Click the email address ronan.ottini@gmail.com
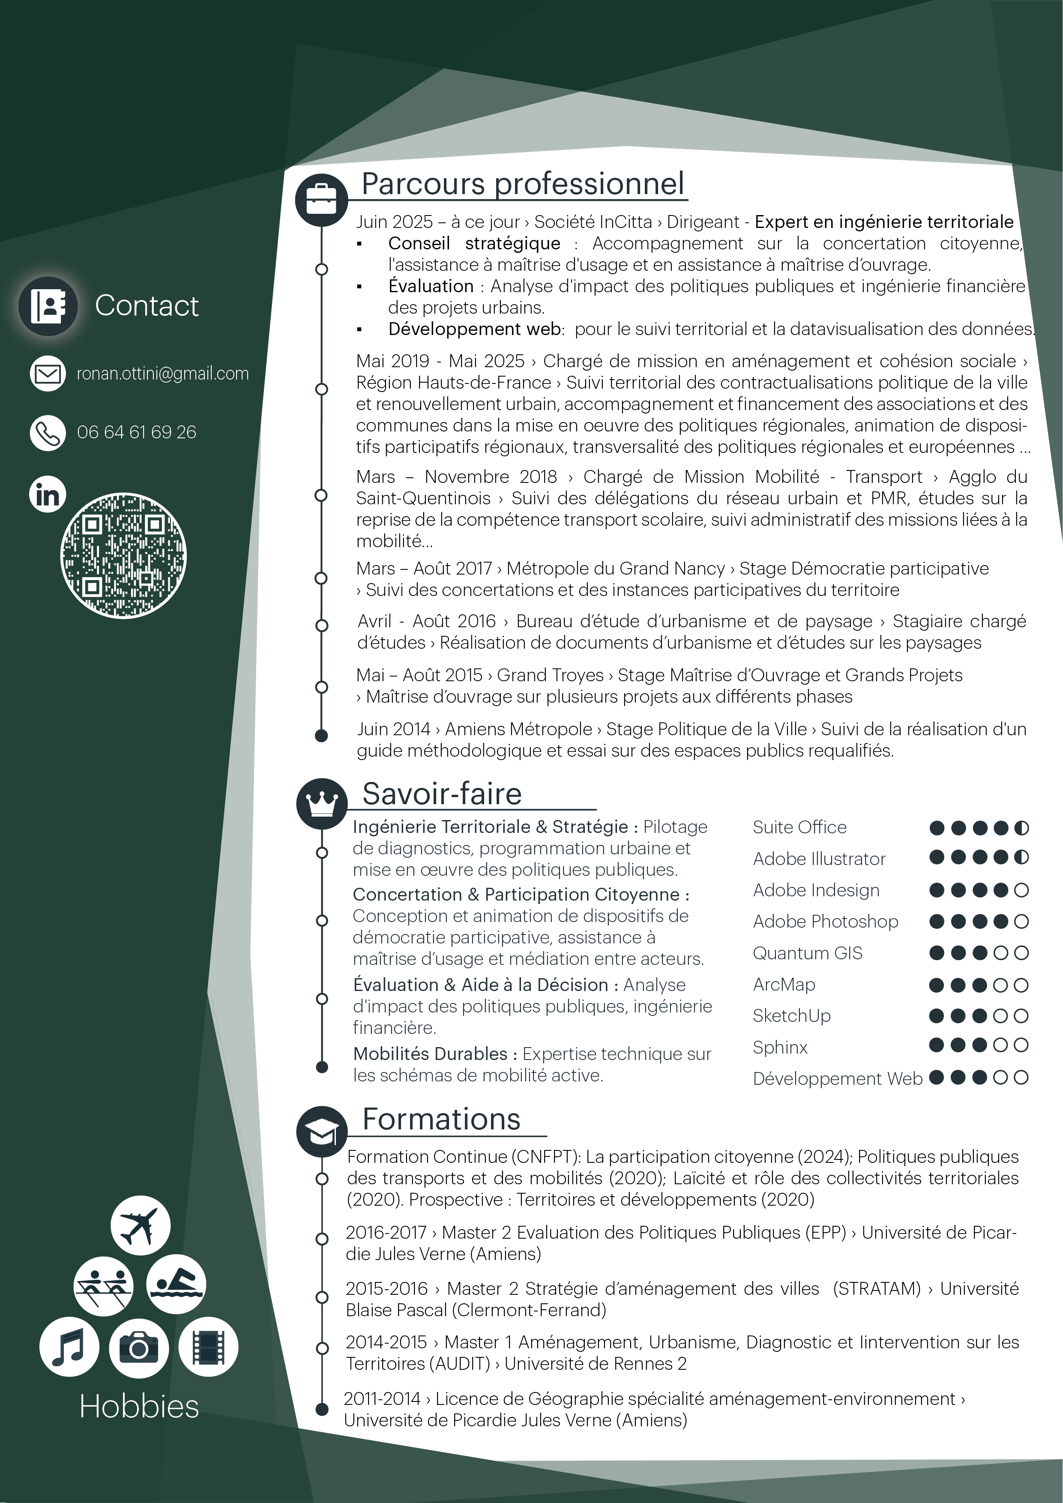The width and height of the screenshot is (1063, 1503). (162, 374)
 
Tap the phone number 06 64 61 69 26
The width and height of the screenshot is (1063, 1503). (136, 432)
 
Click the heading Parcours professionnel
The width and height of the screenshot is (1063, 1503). (522, 183)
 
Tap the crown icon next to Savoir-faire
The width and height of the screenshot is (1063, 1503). (321, 803)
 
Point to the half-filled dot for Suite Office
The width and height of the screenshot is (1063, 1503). (1021, 828)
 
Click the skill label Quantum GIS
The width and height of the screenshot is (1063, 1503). (807, 953)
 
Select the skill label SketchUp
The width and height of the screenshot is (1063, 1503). (791, 1016)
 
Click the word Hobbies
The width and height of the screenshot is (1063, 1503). (139, 1406)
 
